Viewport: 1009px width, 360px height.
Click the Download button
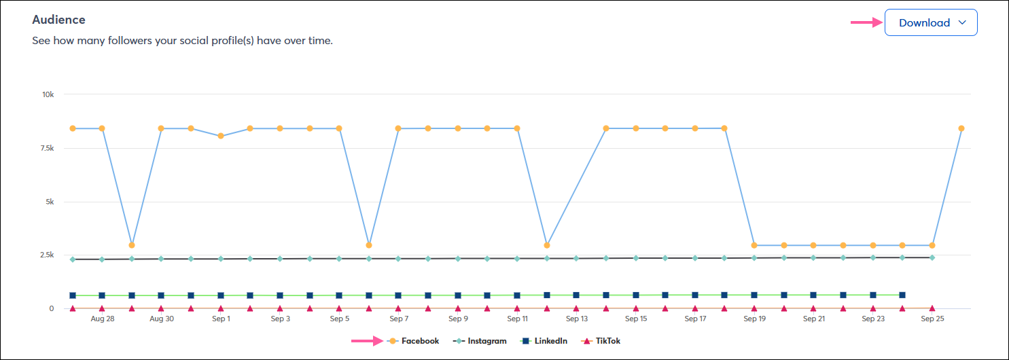[931, 22]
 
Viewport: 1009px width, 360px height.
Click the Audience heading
[59, 20]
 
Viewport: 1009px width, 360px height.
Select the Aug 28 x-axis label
[102, 319]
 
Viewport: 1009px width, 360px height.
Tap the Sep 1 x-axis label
[221, 319]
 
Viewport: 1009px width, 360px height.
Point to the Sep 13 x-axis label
[576, 319]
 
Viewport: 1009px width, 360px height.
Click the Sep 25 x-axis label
[932, 319]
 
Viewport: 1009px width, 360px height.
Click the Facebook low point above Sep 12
[547, 245]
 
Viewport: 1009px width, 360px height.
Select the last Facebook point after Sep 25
[961, 128]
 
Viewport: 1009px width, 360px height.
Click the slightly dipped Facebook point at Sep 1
[221, 136]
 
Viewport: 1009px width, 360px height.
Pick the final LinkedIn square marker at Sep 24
[902, 295]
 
